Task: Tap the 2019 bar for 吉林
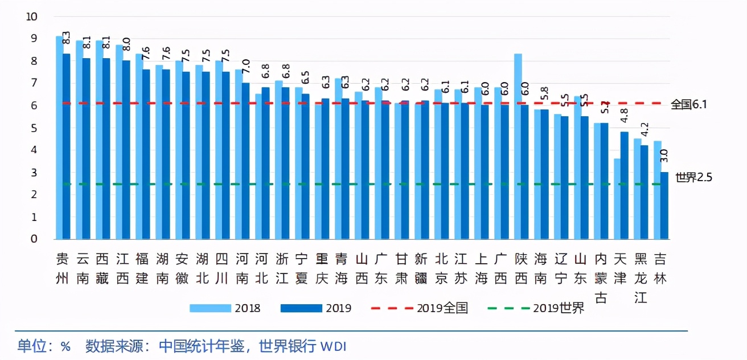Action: coord(664,205)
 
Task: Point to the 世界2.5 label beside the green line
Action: coord(693,177)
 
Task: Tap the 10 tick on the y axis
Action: coord(32,17)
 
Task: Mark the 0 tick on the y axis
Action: coord(34,239)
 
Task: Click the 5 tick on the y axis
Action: coord(34,128)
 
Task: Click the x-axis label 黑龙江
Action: coord(641,278)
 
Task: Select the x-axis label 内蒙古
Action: coord(601,278)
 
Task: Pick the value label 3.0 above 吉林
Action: coord(664,156)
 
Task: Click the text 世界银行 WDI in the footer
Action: coord(302,346)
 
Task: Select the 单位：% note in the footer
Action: coord(44,346)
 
